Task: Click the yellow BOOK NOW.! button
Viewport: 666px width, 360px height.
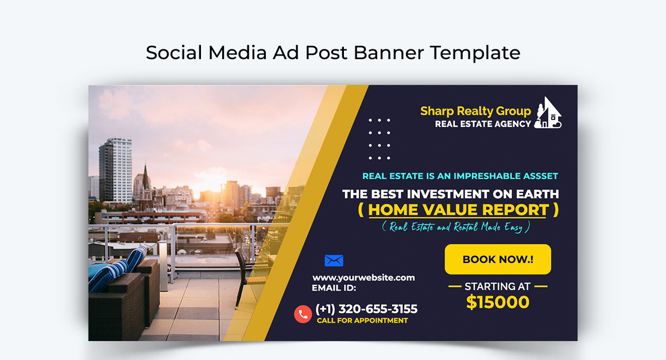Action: tap(498, 260)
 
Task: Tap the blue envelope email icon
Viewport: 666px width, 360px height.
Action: tap(334, 261)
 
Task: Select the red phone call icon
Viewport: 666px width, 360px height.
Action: tap(303, 314)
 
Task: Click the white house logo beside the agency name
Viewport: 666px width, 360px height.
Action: tap(548, 113)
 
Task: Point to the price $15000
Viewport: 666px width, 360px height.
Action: tap(498, 302)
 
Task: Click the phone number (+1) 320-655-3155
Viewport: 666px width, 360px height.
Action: tap(366, 309)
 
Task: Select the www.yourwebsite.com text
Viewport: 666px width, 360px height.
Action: tap(363, 277)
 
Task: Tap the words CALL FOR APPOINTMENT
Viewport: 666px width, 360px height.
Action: tap(362, 320)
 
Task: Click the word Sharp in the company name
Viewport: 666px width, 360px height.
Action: tap(437, 111)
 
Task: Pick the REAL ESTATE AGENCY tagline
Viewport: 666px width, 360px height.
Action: tap(483, 124)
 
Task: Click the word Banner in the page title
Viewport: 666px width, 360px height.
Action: tap(389, 53)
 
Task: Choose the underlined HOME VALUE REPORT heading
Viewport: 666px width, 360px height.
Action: tap(458, 210)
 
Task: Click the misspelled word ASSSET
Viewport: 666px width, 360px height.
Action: tap(539, 176)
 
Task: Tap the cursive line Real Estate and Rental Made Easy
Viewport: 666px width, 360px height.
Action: tap(455, 227)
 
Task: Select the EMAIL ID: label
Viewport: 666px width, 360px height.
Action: tap(334, 288)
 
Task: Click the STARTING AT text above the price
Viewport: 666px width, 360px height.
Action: tap(498, 286)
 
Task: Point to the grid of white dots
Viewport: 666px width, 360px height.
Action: tap(380, 139)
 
